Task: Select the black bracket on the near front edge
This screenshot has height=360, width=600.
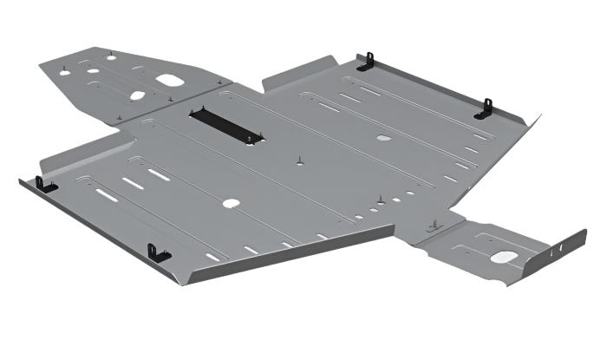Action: click(158, 252)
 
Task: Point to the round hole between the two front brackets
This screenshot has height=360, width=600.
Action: click(231, 204)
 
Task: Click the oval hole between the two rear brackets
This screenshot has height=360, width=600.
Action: click(382, 137)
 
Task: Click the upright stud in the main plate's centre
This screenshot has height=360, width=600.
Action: click(298, 160)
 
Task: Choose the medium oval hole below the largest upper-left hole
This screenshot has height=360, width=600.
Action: click(136, 95)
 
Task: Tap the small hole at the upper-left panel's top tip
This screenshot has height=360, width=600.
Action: click(111, 57)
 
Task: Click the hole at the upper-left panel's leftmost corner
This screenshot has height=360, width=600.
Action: click(64, 72)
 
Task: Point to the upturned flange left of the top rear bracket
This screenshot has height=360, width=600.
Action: click(299, 74)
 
